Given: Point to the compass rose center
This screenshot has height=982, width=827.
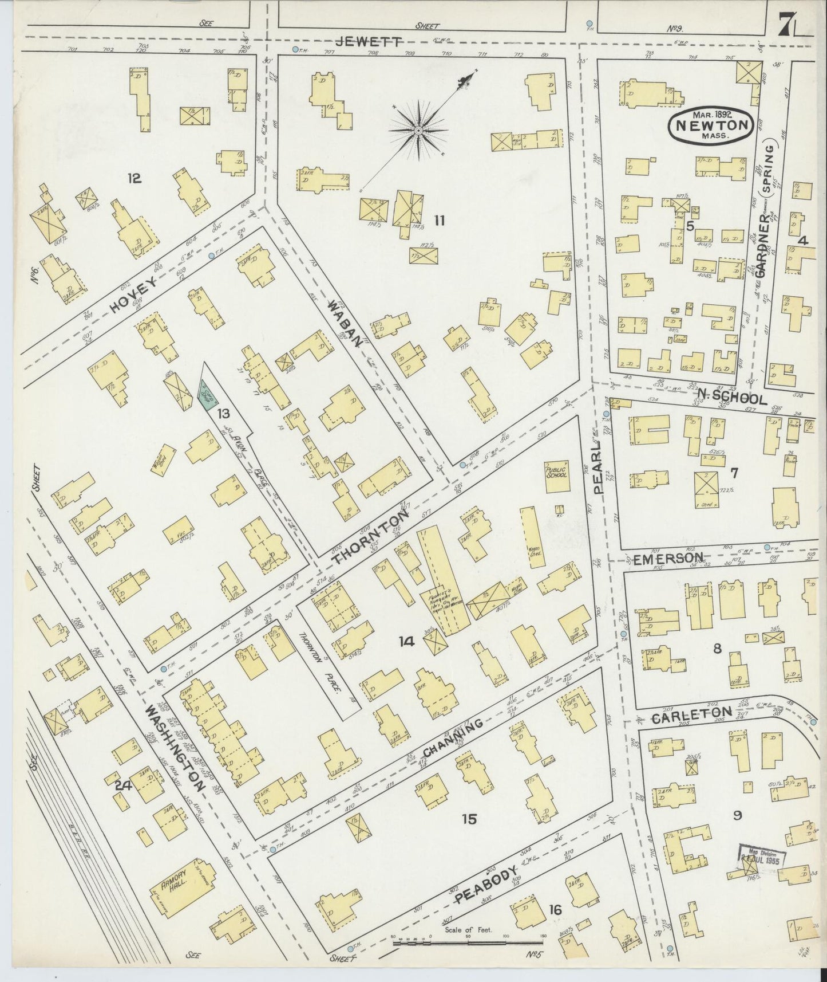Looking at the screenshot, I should (419, 131).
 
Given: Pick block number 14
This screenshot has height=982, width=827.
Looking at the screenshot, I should (406, 642).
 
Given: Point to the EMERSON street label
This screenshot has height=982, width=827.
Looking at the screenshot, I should (667, 558).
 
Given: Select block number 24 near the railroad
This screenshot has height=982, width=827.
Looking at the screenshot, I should (123, 786).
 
